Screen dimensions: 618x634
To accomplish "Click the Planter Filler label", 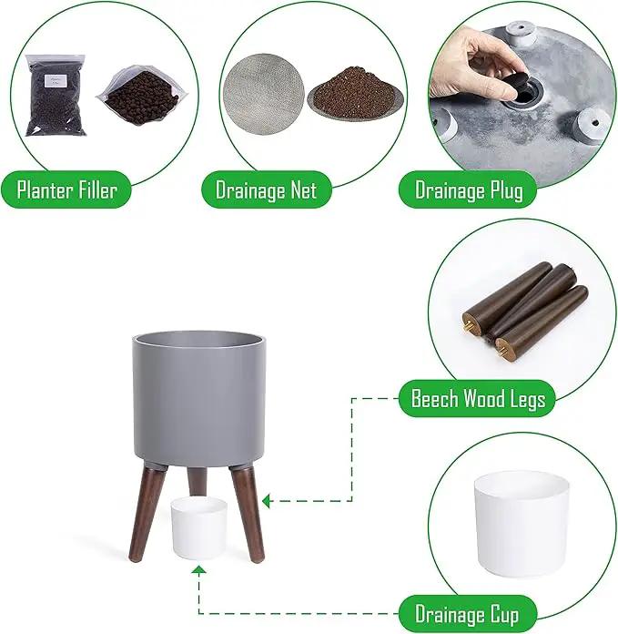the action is (66, 189).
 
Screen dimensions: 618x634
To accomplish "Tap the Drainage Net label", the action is (266, 189).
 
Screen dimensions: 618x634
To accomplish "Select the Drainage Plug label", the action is (468, 189).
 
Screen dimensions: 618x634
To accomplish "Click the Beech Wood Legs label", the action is (478, 399).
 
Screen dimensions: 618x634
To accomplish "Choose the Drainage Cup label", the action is (467, 614).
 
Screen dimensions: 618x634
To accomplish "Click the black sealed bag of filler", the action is (56, 96).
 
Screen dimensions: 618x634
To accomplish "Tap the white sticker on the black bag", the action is (56, 80).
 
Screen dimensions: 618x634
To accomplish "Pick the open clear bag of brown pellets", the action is (142, 97).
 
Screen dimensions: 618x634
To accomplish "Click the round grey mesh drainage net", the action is (263, 94).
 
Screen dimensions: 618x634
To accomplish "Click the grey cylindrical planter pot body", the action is (199, 398).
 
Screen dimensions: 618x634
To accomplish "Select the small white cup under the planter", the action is (198, 527).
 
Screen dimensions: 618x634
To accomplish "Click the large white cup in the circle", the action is (522, 524).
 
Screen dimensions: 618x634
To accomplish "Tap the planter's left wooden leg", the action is (147, 514).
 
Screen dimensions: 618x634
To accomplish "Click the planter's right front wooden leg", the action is (247, 514).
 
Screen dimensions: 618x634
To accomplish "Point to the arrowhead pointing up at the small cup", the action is (198, 569).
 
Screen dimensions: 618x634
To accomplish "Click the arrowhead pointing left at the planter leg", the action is (266, 501).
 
